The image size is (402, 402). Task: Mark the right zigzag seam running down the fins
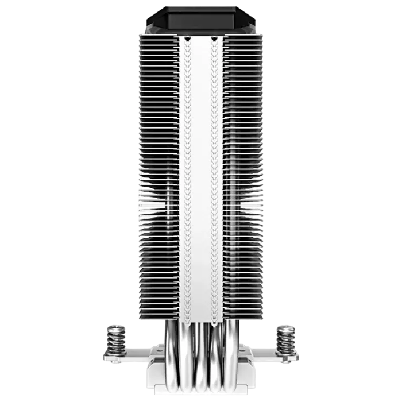click(x=214, y=172)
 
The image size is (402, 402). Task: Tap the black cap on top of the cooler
click(x=200, y=17)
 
